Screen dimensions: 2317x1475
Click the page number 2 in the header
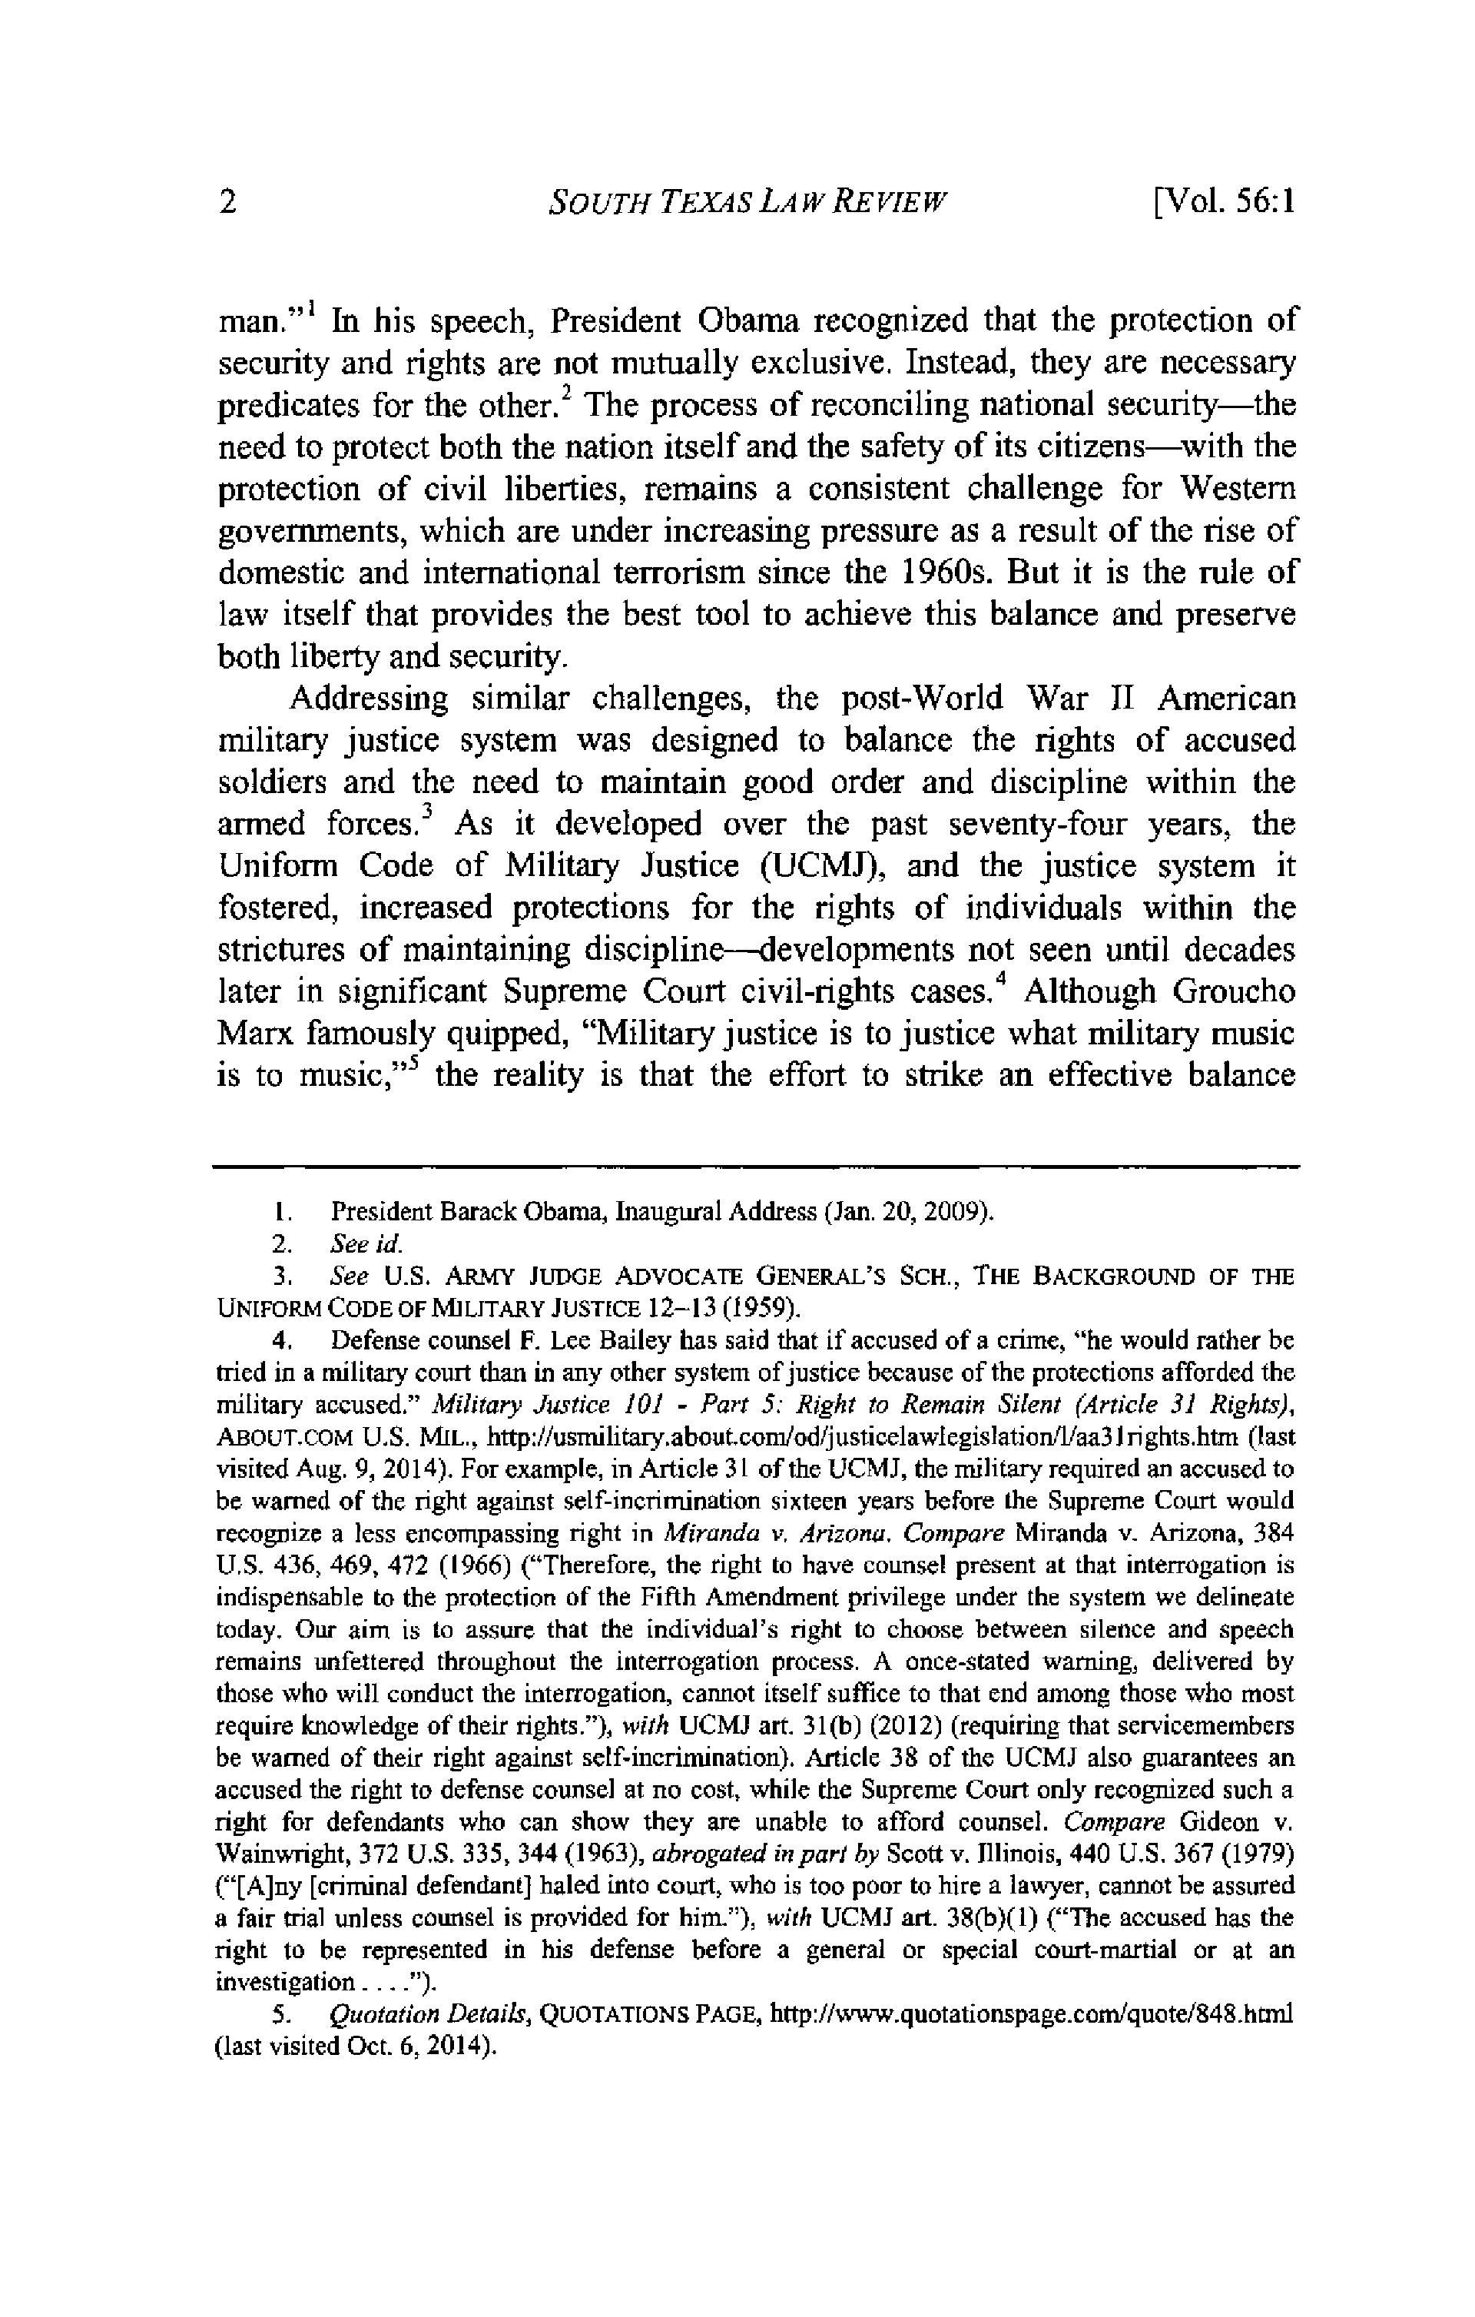point(228,203)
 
